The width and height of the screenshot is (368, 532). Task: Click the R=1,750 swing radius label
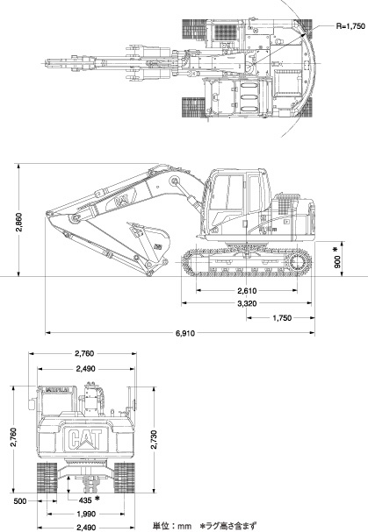(x=350, y=25)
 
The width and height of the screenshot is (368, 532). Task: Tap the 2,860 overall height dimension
(x=19, y=223)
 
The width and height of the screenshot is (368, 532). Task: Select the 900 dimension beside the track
(x=337, y=261)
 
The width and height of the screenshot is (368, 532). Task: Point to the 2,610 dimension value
(x=248, y=290)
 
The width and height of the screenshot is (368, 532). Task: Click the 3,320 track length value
(x=247, y=303)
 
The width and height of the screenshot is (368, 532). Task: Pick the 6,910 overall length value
(x=185, y=333)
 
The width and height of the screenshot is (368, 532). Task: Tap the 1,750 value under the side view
(x=282, y=318)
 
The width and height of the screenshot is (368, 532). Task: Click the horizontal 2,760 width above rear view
(x=84, y=353)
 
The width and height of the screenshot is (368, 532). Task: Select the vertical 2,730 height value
(x=154, y=439)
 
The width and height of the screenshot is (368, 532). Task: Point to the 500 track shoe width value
(x=20, y=500)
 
